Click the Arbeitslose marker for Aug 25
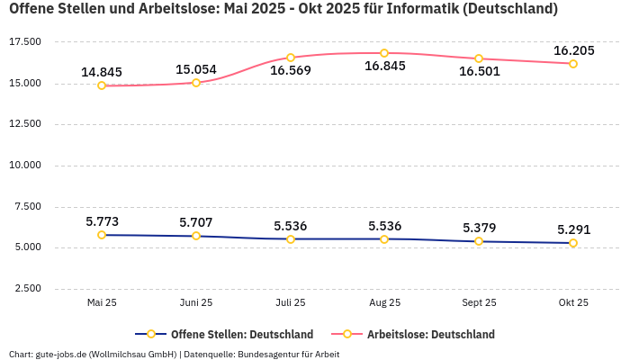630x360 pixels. click(384, 53)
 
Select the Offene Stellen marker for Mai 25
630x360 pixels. click(102, 235)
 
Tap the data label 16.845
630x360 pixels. click(384, 67)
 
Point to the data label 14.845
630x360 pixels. click(102, 72)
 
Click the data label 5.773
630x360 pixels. click(102, 221)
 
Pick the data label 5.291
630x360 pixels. click(573, 229)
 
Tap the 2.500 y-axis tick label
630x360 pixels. click(26, 289)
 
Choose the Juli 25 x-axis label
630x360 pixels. click(290, 303)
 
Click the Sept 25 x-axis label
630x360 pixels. click(479, 303)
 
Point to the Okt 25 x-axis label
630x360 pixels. click(573, 303)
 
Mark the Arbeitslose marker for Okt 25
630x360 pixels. click(573, 64)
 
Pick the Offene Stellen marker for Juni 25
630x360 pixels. click(196, 236)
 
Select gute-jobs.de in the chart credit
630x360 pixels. click(60, 355)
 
